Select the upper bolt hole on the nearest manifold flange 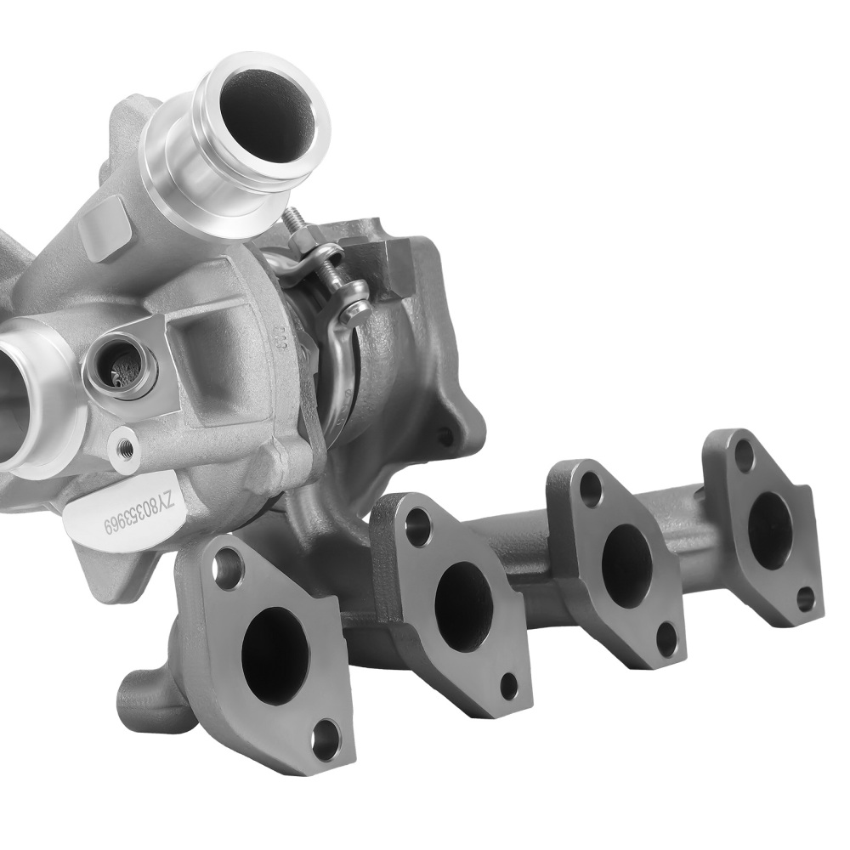[228, 568]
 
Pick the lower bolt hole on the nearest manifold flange [325, 740]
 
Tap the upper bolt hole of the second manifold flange [417, 527]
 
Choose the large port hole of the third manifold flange [626, 555]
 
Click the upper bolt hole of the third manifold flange [589, 488]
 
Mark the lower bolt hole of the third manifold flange [667, 639]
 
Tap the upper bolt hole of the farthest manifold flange [744, 456]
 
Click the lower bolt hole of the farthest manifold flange [805, 598]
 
